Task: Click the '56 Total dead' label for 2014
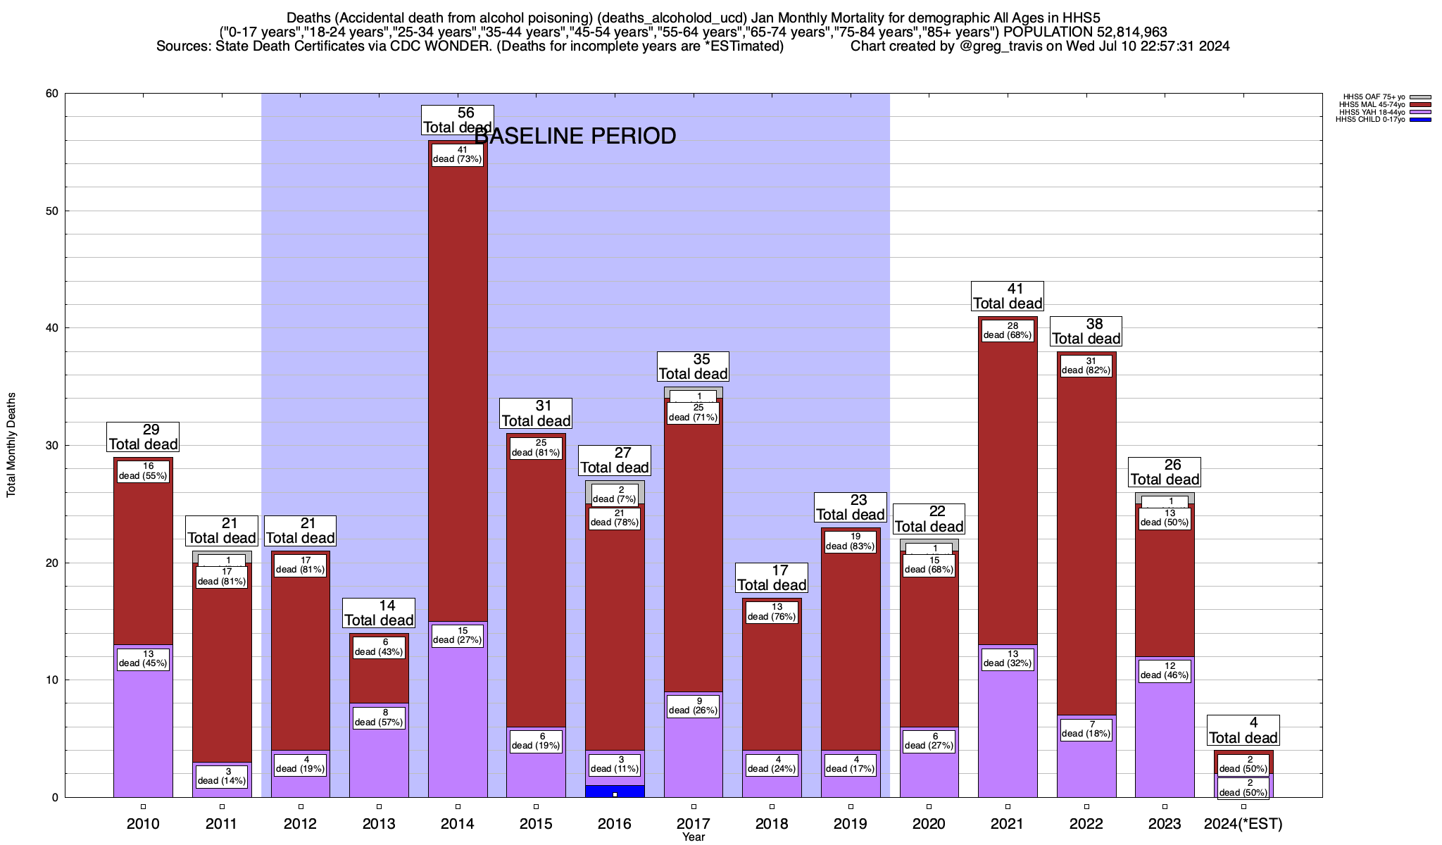coord(457,120)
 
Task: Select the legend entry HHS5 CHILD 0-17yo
coord(1370,120)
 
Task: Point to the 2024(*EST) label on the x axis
coord(1243,824)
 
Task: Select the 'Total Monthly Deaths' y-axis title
coord(11,445)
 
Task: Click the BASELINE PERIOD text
coord(576,136)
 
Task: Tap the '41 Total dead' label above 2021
coord(1007,296)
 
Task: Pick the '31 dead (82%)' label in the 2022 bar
coord(1086,366)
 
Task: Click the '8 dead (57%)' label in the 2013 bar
coord(379,718)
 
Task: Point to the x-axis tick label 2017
coord(694,824)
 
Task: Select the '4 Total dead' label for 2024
coord(1243,730)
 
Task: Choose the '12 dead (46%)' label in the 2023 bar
coord(1165,670)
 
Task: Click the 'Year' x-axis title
coord(694,837)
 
